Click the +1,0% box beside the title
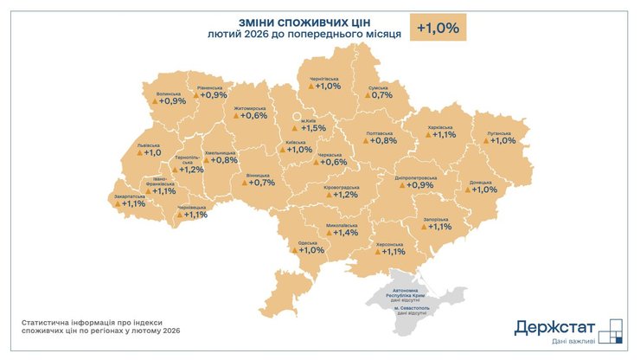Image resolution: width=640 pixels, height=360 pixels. click(x=438, y=28)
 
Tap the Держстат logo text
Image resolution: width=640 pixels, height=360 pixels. click(x=554, y=327)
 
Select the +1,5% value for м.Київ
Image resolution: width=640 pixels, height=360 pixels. click(x=314, y=128)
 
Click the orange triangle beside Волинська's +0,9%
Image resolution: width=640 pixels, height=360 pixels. click(x=156, y=102)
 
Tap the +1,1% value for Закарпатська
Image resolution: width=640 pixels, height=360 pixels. click(x=134, y=204)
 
